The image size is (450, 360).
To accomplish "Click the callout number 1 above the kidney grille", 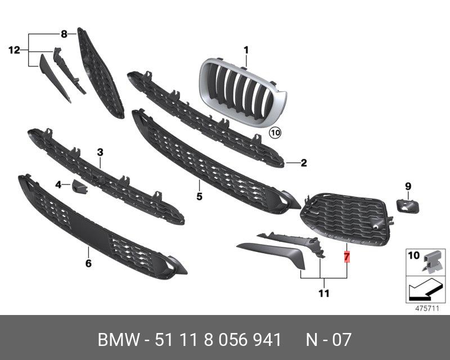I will point(246,51).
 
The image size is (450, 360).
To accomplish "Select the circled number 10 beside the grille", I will point(274,133).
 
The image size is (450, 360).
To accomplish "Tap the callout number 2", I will point(303,164).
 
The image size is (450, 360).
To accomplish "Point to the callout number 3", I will point(100,152).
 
